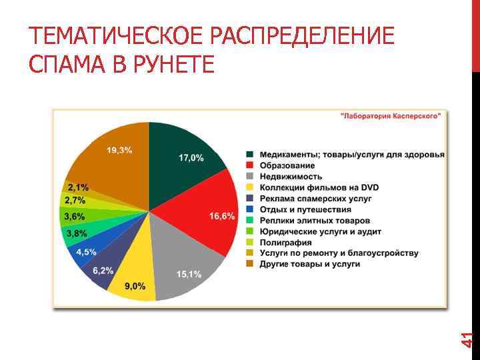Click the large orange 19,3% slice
click(x=110, y=160)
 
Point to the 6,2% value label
click(x=103, y=271)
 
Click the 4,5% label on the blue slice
click(x=86, y=252)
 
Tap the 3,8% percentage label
click(x=75, y=233)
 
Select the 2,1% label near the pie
click(x=78, y=187)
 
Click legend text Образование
click(x=287, y=165)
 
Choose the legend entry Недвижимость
click(x=291, y=177)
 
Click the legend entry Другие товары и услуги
click(x=310, y=264)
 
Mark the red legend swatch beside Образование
click(x=250, y=165)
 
